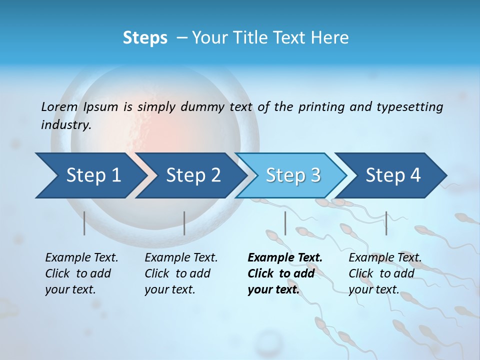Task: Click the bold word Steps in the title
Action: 145,38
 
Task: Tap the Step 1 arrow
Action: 90,175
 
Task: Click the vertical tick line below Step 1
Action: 84,223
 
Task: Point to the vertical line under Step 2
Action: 184,223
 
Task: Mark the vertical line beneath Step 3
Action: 285,223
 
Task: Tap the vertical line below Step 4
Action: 386,223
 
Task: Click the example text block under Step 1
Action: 81,273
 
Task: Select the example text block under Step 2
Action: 181,273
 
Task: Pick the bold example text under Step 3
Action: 285,273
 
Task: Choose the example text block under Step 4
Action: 385,273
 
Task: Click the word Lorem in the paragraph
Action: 59,107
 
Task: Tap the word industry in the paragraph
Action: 65,125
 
